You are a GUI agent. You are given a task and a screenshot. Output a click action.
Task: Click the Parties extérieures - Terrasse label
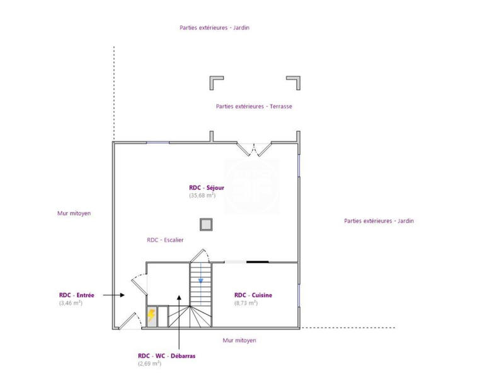[x=254, y=107]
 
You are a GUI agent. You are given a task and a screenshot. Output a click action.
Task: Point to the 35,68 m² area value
[x=202, y=196]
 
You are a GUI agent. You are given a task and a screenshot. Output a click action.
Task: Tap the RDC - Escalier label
[x=165, y=240]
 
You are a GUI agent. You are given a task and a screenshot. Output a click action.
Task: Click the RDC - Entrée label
[x=77, y=295]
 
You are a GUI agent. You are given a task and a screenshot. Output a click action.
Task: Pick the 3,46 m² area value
[x=71, y=303]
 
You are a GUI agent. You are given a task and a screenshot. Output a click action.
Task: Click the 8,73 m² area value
[x=246, y=303]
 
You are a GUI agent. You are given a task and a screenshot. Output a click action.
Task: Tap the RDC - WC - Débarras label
[x=166, y=355]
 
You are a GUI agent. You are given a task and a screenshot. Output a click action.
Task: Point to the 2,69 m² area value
[x=150, y=364]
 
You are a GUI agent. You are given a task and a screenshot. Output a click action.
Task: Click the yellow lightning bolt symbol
[x=151, y=315]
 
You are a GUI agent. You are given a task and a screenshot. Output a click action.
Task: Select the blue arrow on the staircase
[x=201, y=278]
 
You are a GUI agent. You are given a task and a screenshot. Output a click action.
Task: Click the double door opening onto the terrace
[x=255, y=150]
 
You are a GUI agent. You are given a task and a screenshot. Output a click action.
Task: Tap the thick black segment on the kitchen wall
[x=257, y=261]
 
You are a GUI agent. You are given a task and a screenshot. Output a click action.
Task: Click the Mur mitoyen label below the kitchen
[x=239, y=340]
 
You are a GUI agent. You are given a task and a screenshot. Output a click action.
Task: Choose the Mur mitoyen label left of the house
[x=74, y=213]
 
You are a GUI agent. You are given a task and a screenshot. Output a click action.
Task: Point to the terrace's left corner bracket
[x=215, y=82]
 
